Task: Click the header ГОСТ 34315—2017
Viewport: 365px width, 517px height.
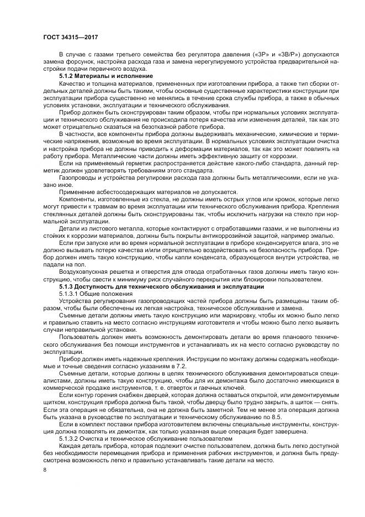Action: click(67, 37)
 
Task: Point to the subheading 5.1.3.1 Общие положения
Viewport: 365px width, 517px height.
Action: click(96, 295)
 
